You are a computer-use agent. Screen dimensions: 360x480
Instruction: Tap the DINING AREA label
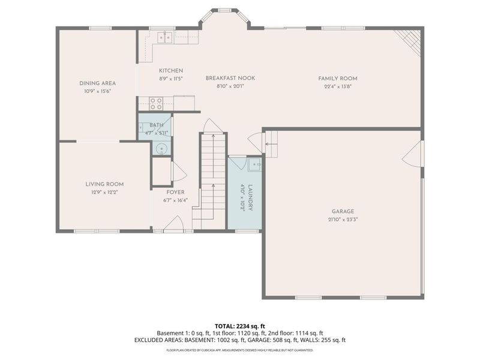(97, 83)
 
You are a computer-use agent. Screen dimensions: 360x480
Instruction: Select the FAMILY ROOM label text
(338, 79)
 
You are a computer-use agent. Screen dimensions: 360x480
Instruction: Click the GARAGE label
(343, 211)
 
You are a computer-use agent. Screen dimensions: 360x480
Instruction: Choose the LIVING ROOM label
(104, 184)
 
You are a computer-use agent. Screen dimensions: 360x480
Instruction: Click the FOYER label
(176, 193)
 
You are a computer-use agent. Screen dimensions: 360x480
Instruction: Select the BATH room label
(157, 125)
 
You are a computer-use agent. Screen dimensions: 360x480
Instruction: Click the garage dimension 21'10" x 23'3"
(343, 219)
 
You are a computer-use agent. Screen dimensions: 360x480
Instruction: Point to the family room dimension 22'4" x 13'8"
(338, 86)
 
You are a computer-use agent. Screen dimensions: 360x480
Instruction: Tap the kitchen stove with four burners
(157, 103)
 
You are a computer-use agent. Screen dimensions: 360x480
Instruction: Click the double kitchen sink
(164, 38)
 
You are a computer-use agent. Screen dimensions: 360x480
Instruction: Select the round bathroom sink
(160, 149)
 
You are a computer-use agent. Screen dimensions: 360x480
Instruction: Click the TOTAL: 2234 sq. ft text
(239, 326)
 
